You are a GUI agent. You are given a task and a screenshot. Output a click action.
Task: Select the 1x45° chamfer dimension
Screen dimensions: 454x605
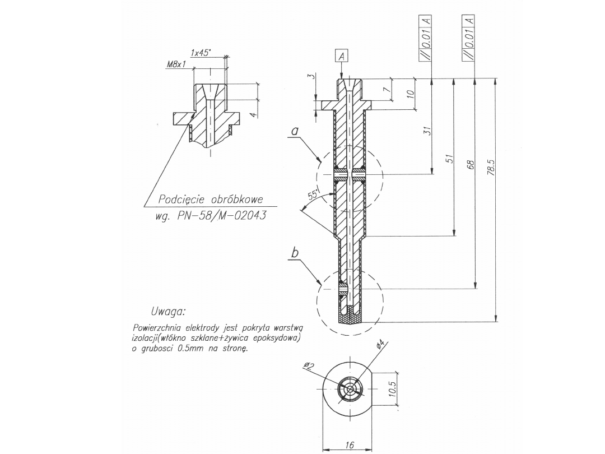(201, 53)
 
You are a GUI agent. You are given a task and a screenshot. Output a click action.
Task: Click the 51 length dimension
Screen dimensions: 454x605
(449, 160)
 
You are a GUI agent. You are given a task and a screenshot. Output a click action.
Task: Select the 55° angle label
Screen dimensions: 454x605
(314, 194)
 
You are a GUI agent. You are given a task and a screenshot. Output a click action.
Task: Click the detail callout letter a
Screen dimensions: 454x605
(295, 131)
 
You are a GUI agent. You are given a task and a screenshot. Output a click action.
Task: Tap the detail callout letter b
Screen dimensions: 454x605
(295, 253)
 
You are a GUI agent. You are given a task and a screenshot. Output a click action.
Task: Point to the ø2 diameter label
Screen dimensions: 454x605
(308, 367)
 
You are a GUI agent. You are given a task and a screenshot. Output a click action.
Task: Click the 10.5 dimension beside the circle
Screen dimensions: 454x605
(392, 388)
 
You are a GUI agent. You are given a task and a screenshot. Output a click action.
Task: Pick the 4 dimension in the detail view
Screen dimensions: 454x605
(253, 115)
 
